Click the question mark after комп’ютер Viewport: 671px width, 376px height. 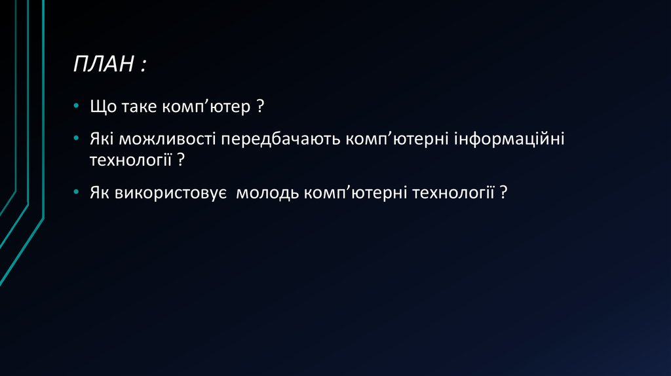[259, 107]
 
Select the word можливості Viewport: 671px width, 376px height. [163, 140]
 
